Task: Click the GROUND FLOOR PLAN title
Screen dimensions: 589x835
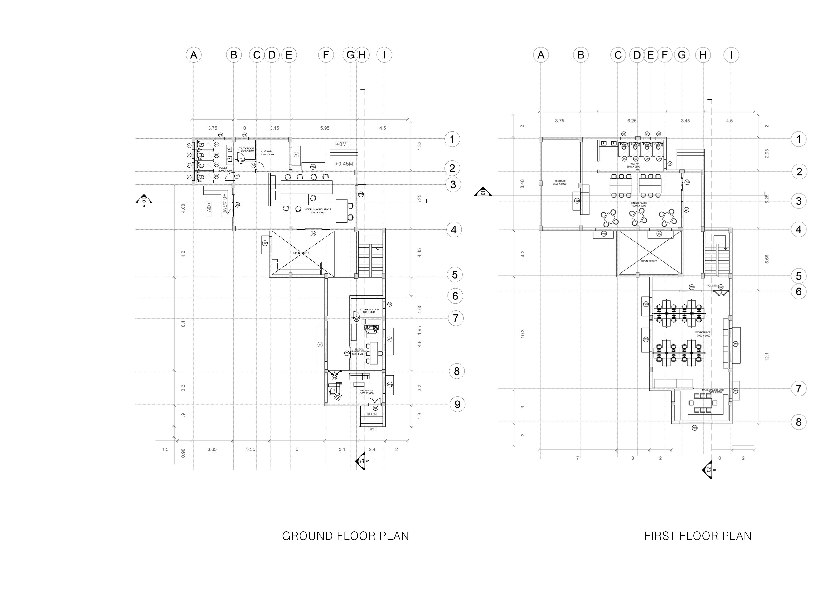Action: [345, 536]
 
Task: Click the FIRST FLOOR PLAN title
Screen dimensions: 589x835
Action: [698, 536]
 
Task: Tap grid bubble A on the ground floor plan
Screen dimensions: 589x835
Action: [194, 55]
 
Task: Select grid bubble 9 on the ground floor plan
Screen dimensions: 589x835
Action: [457, 404]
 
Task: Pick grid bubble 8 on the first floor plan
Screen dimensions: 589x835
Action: [799, 422]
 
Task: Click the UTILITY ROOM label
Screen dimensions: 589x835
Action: [246, 149]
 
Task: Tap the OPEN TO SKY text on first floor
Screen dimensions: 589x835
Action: [649, 261]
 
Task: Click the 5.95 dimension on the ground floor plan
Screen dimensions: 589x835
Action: [325, 128]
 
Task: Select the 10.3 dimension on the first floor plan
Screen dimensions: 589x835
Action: [523, 333]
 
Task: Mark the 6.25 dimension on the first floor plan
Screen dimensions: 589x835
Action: [632, 121]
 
